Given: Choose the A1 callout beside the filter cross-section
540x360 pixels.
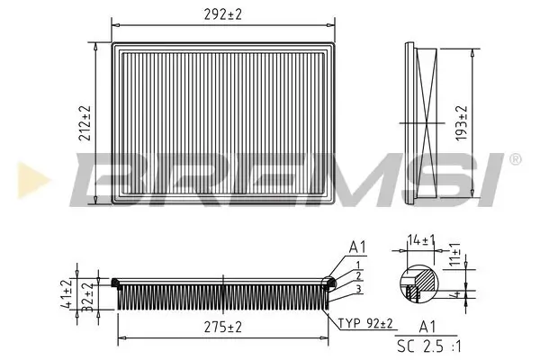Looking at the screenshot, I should tap(357, 247).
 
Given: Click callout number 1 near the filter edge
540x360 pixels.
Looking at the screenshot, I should tap(358, 264).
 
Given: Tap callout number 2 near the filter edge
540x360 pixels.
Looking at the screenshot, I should tap(358, 275).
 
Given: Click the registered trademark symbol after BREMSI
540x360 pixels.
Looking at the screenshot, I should tap(515, 159).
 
